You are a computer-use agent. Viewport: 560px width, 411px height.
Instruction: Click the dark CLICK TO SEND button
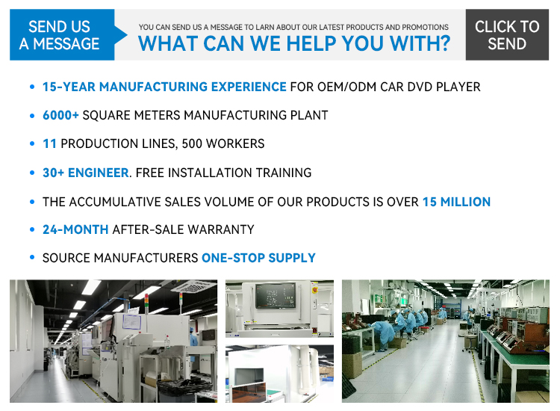pyautogui.click(x=507, y=34)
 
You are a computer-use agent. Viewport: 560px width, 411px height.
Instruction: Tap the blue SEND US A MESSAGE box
pyautogui.click(x=62, y=34)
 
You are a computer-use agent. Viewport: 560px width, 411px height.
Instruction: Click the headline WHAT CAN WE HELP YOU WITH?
pyautogui.click(x=294, y=43)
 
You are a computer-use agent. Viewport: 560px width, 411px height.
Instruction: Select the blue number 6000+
pyautogui.click(x=60, y=115)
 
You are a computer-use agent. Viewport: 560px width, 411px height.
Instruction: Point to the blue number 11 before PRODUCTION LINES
pyautogui.click(x=49, y=143)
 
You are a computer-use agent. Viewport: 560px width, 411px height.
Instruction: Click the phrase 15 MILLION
pyautogui.click(x=456, y=202)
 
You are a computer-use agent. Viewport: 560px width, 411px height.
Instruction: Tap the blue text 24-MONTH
pyautogui.click(x=75, y=229)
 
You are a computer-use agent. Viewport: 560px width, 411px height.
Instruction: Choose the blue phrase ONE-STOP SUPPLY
pyautogui.click(x=258, y=258)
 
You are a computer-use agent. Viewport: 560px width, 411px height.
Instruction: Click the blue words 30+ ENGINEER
pyautogui.click(x=86, y=173)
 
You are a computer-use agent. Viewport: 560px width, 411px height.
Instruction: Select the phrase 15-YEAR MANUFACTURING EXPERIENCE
pyautogui.click(x=164, y=87)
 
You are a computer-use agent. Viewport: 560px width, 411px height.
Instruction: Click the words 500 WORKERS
pyautogui.click(x=223, y=143)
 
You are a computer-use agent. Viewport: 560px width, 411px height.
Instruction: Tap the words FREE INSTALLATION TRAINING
pyautogui.click(x=223, y=173)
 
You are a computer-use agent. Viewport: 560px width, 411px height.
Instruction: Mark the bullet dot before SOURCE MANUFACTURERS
pyautogui.click(x=32, y=257)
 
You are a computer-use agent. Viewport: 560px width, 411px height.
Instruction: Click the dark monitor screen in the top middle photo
pyautogui.click(x=276, y=295)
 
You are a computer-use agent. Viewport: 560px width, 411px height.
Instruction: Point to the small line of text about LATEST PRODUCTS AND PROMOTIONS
pyautogui.click(x=293, y=27)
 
